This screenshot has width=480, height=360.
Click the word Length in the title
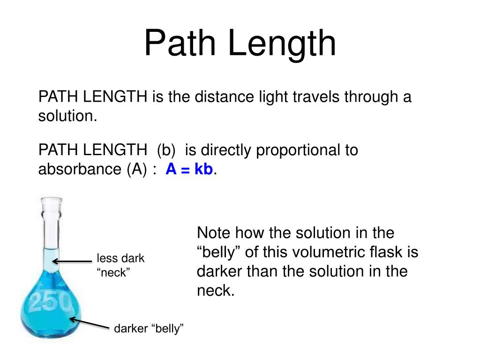click(282, 43)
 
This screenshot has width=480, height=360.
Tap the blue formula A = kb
click(190, 169)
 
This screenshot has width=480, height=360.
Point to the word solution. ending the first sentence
click(67, 117)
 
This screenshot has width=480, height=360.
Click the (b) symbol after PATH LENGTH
click(166, 150)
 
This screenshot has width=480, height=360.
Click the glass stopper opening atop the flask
click(51, 202)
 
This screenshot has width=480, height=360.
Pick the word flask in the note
click(390, 252)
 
